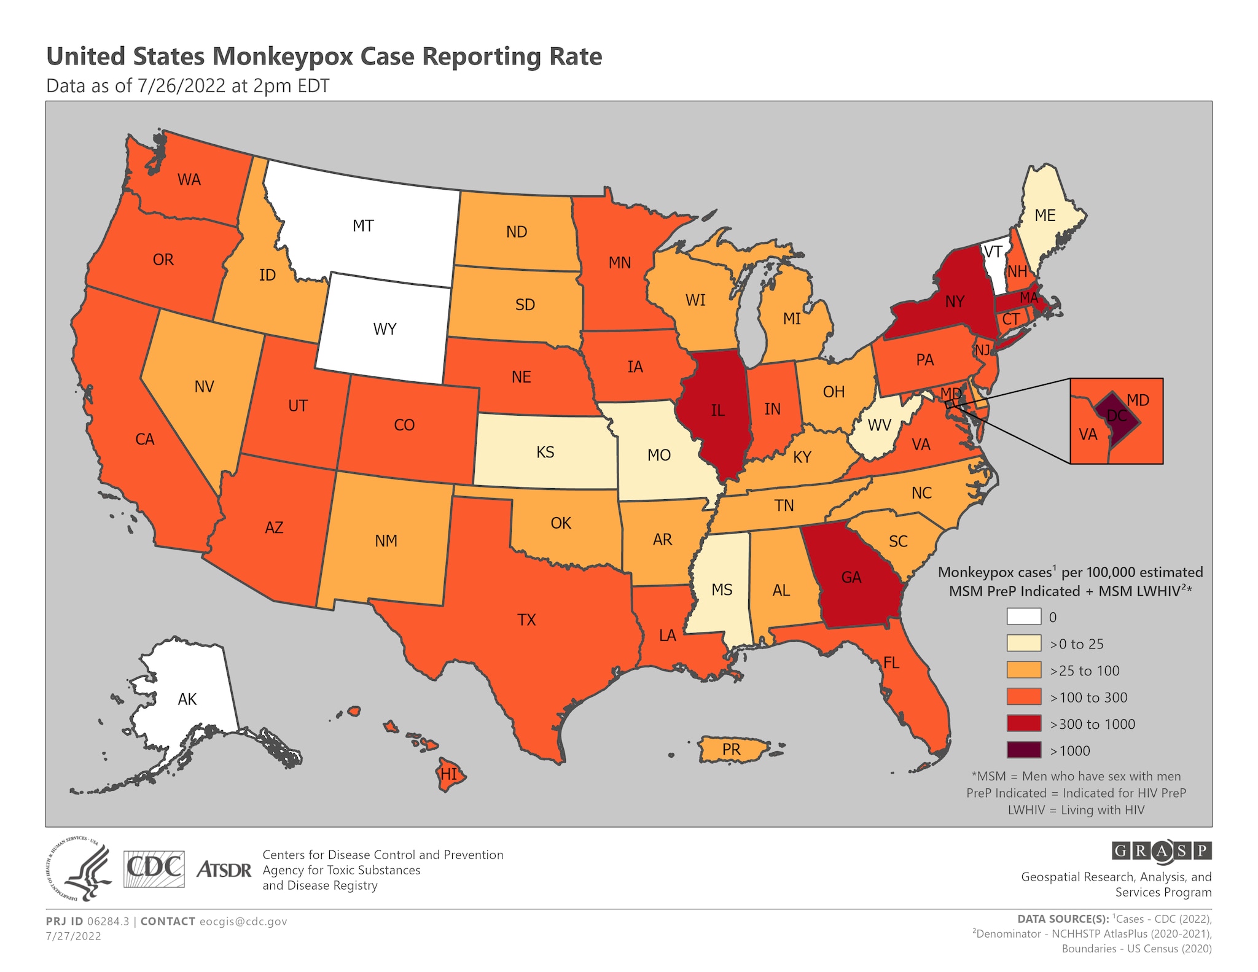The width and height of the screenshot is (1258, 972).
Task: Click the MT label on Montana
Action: click(x=363, y=226)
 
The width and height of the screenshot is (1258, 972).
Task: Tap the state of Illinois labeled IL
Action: click(x=717, y=410)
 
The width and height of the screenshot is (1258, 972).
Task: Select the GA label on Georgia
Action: click(x=851, y=577)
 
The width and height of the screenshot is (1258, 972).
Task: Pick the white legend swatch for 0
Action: click(x=1023, y=616)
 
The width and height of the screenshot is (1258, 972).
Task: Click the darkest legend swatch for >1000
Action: click(x=1023, y=750)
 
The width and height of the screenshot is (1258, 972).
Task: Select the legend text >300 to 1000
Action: click(x=1092, y=724)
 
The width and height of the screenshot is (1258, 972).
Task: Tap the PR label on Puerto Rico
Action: click(x=731, y=750)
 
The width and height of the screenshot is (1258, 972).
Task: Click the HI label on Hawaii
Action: click(x=448, y=774)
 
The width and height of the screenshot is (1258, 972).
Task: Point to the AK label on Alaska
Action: click(x=187, y=699)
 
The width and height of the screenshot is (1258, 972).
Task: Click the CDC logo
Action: click(x=154, y=869)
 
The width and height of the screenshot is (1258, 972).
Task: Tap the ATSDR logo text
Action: click(x=224, y=870)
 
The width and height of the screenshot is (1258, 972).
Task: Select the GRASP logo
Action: click(x=1161, y=851)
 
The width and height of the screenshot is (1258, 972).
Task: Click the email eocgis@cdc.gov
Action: click(x=243, y=922)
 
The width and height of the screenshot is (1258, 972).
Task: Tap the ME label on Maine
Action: click(x=1044, y=216)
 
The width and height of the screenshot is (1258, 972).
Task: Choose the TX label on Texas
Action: click(x=526, y=620)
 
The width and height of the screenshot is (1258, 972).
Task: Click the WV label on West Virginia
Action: click(x=879, y=425)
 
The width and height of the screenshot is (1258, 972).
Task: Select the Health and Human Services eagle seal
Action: click(x=79, y=870)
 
